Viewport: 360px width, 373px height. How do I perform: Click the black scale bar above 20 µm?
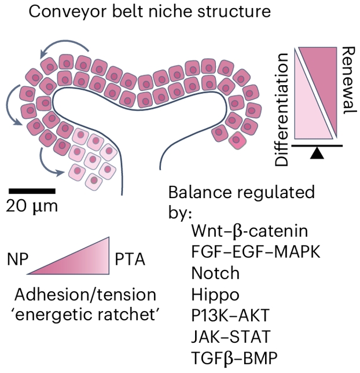coord(32,190)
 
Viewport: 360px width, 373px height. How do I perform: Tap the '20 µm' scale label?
coord(32,205)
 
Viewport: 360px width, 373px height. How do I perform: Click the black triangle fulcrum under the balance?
coord(317,153)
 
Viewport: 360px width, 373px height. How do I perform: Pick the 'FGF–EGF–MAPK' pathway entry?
coord(255,252)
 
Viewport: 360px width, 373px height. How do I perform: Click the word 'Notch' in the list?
coord(214,273)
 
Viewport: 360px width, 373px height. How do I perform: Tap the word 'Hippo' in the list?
coord(215,294)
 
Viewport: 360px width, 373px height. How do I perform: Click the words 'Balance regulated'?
coord(241,193)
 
